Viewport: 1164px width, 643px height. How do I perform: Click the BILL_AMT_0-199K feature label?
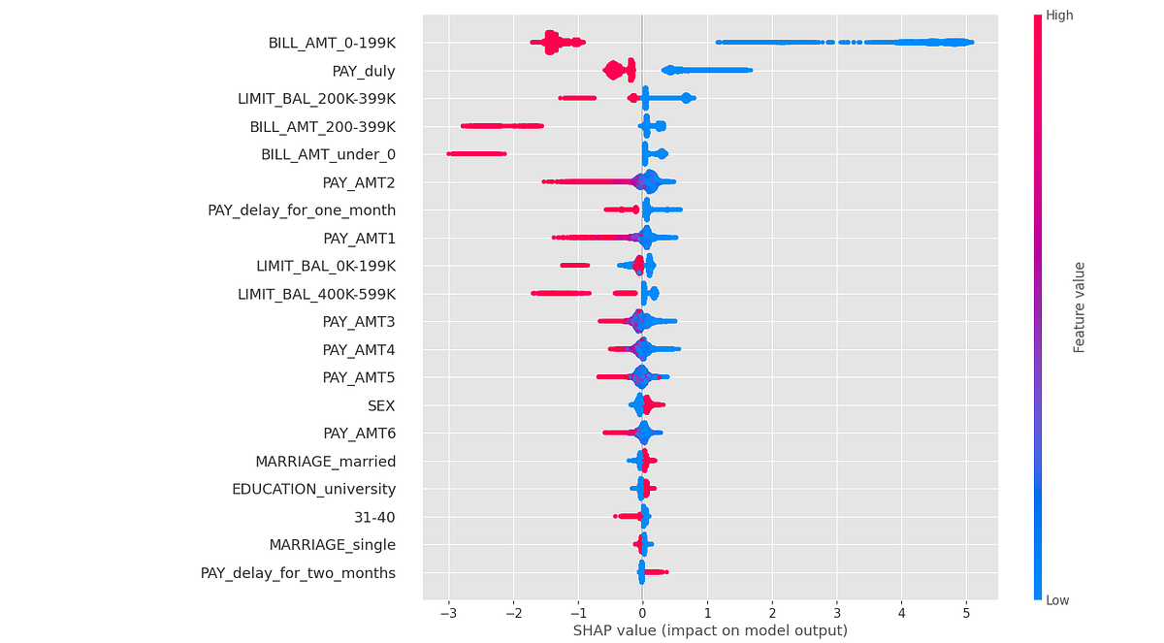(332, 43)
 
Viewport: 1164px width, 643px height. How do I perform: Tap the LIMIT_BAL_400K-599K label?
(316, 293)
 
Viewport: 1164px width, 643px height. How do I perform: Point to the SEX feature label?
(381, 404)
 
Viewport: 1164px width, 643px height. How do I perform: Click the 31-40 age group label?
(374, 517)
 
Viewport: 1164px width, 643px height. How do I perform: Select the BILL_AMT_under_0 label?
(328, 154)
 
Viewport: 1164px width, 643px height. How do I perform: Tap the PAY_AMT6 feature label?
(359, 433)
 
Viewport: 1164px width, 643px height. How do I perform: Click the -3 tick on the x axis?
(447, 614)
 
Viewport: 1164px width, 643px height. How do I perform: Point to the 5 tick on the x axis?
(966, 614)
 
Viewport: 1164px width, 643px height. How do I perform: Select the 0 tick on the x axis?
(642, 614)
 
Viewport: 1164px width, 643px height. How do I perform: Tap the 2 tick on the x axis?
(772, 614)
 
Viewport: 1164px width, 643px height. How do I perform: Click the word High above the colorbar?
(1058, 16)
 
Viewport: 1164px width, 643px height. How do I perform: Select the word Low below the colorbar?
(1057, 601)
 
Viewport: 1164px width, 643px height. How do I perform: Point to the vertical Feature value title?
(1079, 306)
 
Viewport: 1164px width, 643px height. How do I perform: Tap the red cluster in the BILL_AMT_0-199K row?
(553, 42)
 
